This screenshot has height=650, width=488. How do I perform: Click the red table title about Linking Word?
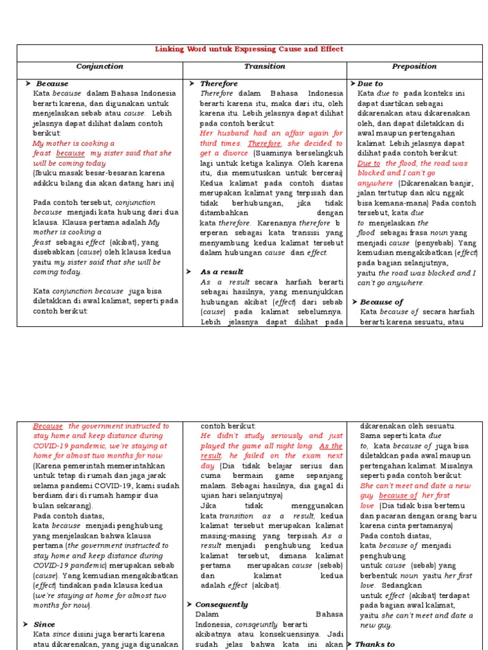[249, 50]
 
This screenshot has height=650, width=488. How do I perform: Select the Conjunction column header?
[100, 67]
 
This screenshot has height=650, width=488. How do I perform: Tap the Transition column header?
[264, 67]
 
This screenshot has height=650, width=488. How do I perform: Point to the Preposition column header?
[415, 67]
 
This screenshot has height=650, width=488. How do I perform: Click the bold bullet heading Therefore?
[219, 84]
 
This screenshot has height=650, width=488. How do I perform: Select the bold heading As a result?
[222, 272]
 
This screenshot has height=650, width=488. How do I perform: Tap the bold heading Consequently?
[222, 604]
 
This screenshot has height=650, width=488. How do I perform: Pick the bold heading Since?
[44, 625]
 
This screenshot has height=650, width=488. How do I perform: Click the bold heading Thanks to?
[375, 644]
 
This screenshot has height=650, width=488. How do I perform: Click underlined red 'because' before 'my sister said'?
[70, 154]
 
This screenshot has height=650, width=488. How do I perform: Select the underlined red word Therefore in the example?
[264, 143]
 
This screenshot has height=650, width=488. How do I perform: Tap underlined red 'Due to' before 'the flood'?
[369, 163]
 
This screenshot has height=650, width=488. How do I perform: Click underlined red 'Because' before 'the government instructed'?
[48, 427]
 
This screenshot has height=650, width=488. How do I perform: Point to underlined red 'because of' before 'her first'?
[398, 496]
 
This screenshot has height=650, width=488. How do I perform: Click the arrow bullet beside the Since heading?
[27, 625]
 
